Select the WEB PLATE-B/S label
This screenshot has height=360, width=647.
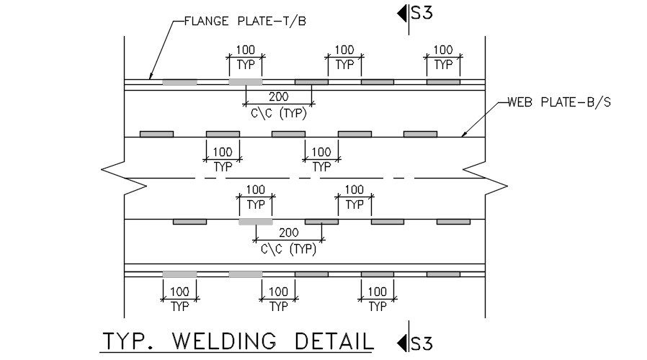pos(559,102)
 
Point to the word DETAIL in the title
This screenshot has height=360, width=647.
pos(335,340)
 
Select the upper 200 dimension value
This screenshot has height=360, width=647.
pos(278,96)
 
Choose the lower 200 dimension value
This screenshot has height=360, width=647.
pos(288,233)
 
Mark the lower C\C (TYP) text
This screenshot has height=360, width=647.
pos(288,249)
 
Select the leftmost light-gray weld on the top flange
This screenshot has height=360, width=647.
pos(179,82)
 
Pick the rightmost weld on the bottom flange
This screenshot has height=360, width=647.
pos(443,274)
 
